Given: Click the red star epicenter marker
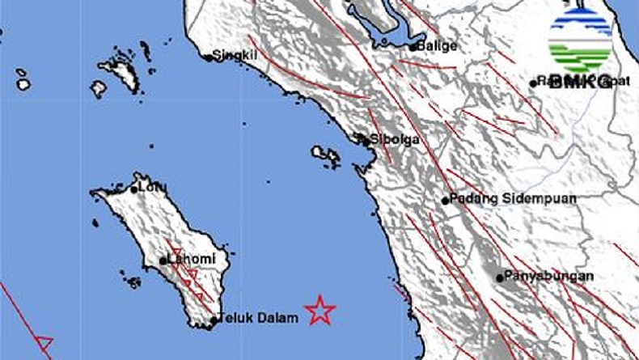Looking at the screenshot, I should [320, 310].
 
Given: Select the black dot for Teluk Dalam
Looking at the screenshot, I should [214, 320].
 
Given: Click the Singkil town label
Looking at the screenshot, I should [234, 57].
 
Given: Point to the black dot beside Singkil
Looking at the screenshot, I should [208, 57].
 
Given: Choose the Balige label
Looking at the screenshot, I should [438, 46].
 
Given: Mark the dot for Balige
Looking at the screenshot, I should [413, 47].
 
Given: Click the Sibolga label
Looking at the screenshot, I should [396, 139].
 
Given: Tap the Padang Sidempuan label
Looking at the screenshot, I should [499, 200].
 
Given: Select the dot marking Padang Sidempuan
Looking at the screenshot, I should [445, 201].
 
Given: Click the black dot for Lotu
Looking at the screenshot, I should [134, 189].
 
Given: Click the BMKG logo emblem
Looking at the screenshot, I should [580, 40].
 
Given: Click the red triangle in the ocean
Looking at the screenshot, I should [44, 343].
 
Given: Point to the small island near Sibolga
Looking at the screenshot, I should [325, 152].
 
